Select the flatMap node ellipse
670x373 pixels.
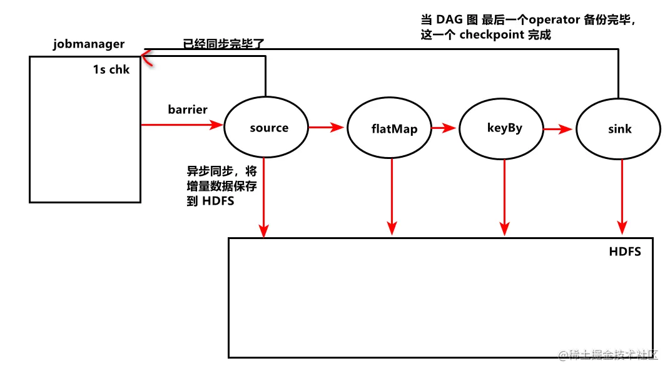(x=390, y=130)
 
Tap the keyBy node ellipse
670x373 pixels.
(x=504, y=128)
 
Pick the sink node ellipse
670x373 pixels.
(x=619, y=129)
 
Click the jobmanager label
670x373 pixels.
(x=88, y=44)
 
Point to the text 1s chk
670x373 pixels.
(x=111, y=69)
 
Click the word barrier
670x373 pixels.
(x=187, y=110)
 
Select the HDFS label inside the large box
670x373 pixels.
(x=624, y=252)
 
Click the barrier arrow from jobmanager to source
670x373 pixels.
(x=181, y=125)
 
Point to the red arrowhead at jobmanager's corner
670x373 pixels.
(x=146, y=58)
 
